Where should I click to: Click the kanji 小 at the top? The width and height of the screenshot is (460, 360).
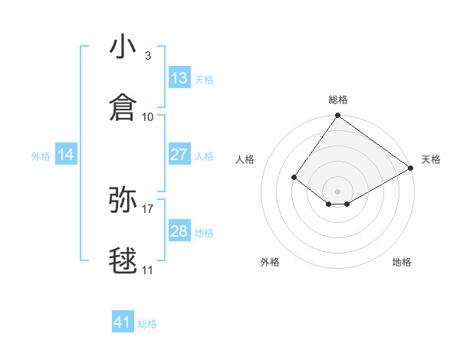pos(123,47)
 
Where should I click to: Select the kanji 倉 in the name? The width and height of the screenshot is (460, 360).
pos(123,108)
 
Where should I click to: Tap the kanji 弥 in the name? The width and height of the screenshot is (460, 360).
pos(123,200)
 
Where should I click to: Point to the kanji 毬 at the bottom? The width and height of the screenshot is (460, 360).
pos(123,261)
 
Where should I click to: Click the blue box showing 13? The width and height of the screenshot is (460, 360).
pos(179,78)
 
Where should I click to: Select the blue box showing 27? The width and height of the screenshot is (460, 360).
pos(179,155)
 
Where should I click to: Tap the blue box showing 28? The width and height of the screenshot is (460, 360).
pos(179,231)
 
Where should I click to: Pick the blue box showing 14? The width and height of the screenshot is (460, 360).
pos(66,155)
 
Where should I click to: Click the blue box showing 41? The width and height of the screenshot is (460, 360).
pos(123,322)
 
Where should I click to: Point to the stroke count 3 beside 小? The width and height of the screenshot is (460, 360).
pos(148,56)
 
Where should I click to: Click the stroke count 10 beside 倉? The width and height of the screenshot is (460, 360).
pos(148,116)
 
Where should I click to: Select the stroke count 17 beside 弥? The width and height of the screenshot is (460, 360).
pos(148,208)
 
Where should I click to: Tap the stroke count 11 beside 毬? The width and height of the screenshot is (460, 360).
pos(148,270)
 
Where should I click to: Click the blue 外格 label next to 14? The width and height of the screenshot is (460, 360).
pos(41,156)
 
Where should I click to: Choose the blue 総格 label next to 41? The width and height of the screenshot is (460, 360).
pos(147,324)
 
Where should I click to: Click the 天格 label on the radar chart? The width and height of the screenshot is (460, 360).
pos(431,159)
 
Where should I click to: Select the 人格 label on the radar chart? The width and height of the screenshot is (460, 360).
pos(245,159)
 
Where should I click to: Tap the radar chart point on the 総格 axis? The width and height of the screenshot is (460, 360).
pos(337,116)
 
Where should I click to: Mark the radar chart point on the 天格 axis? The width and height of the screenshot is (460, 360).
pos(411,168)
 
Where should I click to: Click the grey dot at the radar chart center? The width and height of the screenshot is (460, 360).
pos(337,191)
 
